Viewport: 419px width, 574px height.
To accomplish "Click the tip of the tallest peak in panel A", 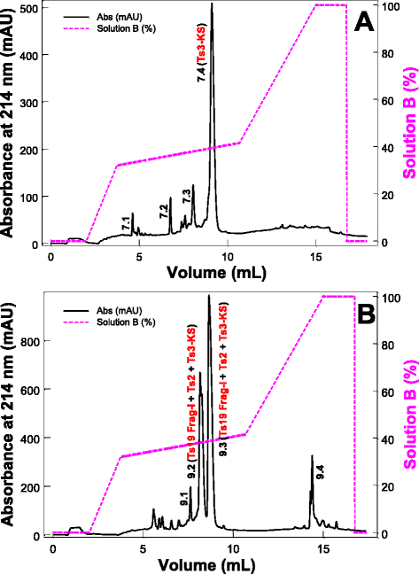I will pos(212,4).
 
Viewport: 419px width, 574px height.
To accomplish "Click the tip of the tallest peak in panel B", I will pos(209,296).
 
